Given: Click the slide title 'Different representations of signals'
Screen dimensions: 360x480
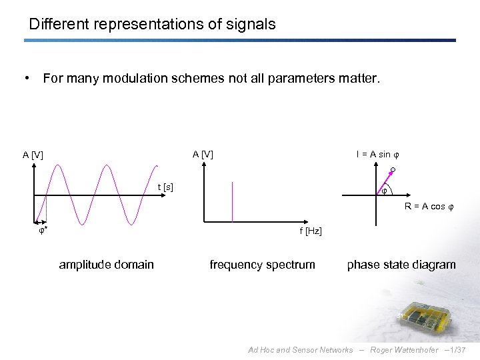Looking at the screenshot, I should point(152,25).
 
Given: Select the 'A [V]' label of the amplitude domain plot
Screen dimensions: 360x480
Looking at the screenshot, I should point(33,155).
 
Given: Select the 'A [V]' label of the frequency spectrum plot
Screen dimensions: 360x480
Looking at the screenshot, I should point(203,155).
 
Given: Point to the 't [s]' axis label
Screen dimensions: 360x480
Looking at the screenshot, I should point(165,187).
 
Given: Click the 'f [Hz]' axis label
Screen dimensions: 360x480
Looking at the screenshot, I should point(311,231).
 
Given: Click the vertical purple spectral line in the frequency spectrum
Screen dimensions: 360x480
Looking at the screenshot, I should point(232,201).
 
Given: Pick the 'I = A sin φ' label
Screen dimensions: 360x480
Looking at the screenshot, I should point(377,155).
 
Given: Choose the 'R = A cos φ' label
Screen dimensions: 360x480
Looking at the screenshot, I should point(429,207).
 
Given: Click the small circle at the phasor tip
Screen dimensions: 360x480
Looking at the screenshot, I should point(393,171).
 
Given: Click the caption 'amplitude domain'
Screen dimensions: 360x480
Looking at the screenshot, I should point(106,265).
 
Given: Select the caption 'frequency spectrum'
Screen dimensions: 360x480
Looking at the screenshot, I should point(262,265).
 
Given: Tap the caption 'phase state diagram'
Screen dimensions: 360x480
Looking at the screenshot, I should point(401,265).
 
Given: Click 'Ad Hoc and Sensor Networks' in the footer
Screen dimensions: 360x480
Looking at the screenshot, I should point(300,350).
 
